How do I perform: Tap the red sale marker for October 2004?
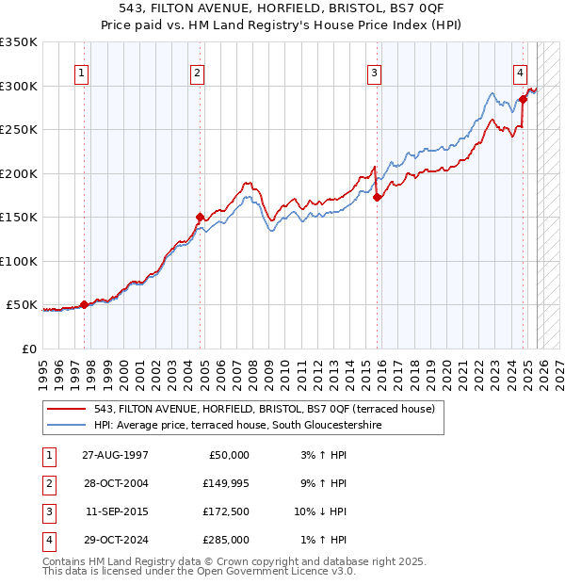point(200,217)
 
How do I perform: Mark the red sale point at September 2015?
point(377,197)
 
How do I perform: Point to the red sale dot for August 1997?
point(84,304)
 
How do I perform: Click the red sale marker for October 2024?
point(523,99)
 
